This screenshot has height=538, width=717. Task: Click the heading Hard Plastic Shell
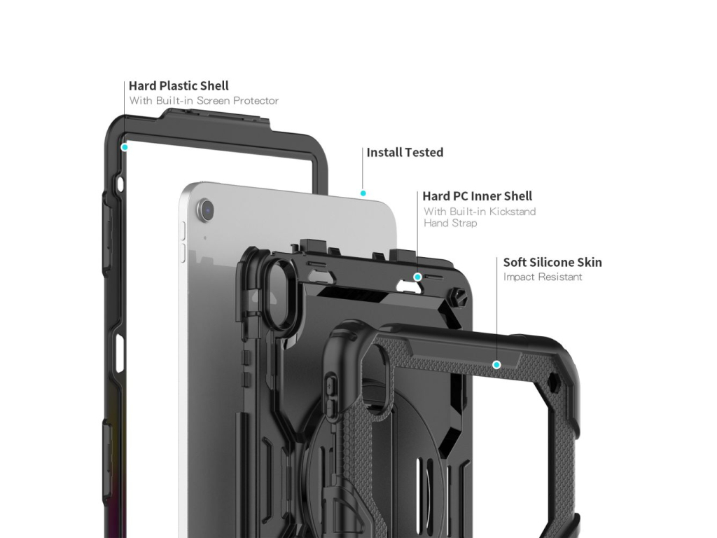pyautogui.click(x=179, y=86)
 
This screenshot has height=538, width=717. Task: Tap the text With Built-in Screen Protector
pyautogui.click(x=204, y=101)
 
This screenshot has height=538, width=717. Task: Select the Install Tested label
pyautogui.click(x=405, y=153)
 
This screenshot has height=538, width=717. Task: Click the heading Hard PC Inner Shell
pyautogui.click(x=477, y=196)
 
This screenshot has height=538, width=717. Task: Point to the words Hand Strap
pyautogui.click(x=450, y=223)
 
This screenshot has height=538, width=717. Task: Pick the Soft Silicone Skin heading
pyautogui.click(x=552, y=263)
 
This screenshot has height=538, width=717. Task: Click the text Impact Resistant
pyautogui.click(x=542, y=277)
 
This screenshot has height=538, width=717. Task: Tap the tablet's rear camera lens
pyautogui.click(x=206, y=209)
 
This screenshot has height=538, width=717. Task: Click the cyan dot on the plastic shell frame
pyautogui.click(x=125, y=147)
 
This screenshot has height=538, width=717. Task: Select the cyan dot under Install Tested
pyautogui.click(x=363, y=193)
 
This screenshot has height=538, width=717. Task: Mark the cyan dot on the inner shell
pyautogui.click(x=417, y=277)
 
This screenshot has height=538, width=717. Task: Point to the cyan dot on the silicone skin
pyautogui.click(x=496, y=364)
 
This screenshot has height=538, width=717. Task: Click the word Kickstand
pyautogui.click(x=512, y=212)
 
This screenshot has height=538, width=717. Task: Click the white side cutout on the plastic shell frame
pyautogui.click(x=120, y=352)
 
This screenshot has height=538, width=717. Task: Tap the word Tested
pyautogui.click(x=424, y=153)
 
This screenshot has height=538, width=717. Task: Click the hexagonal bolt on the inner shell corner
pyautogui.click(x=461, y=296)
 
